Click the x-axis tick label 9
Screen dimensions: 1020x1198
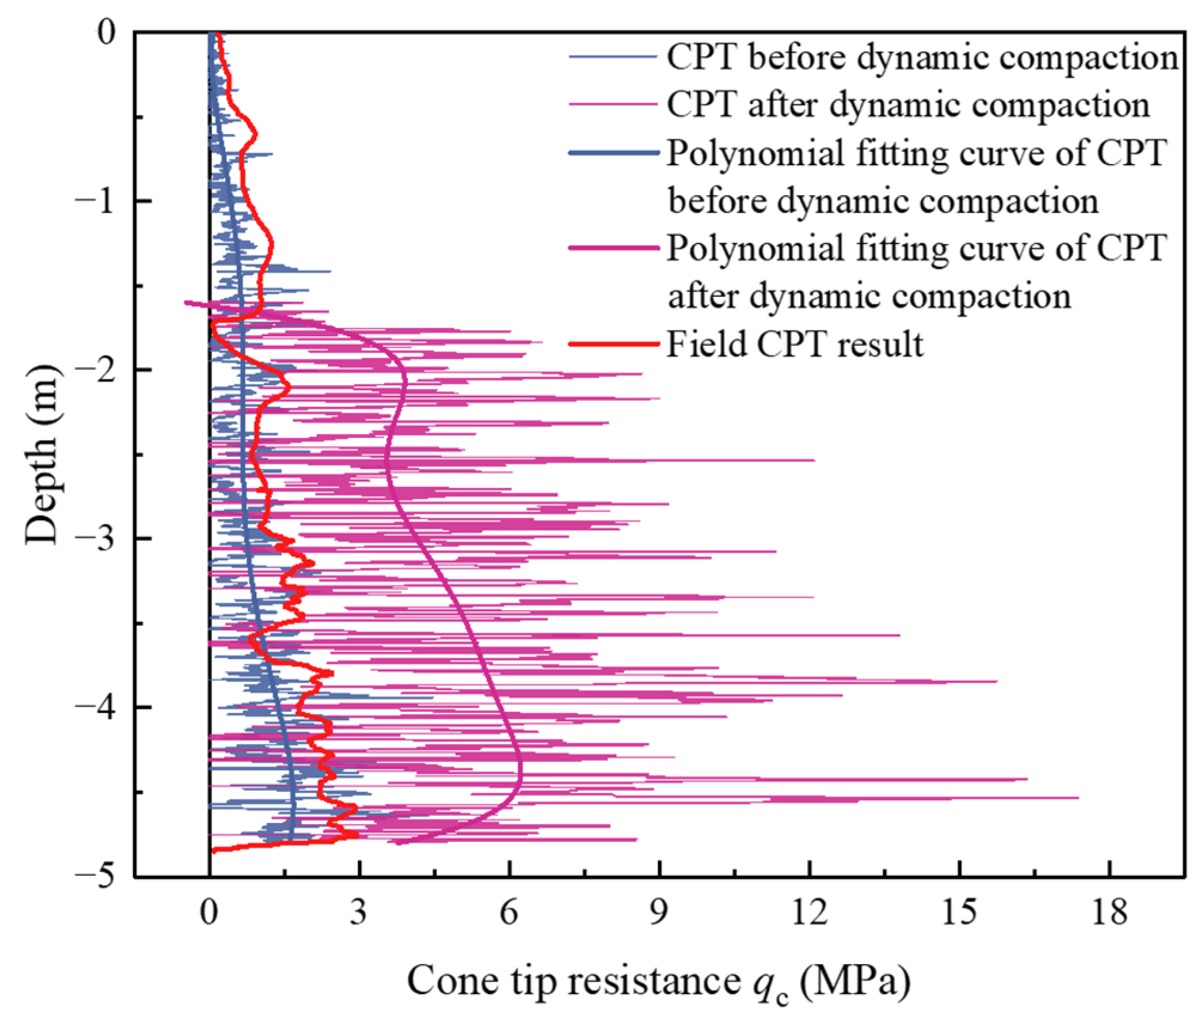(x=659, y=913)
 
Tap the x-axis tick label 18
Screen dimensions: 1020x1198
(x=1110, y=913)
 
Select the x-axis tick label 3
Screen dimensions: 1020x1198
(x=358, y=913)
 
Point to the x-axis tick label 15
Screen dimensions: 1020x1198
(x=959, y=913)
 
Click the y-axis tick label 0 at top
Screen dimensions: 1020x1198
(x=106, y=32)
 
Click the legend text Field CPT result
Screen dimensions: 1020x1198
(x=794, y=344)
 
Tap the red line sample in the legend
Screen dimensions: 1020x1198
(x=613, y=344)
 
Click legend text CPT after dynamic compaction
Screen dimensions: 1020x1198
(x=908, y=104)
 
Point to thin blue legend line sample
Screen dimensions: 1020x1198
(x=613, y=57)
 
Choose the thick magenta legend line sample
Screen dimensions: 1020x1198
(x=613, y=248)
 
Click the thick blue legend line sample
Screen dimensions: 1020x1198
(x=613, y=153)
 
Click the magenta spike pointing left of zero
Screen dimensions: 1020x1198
(x=186, y=303)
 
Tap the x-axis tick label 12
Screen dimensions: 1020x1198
(x=810, y=913)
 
